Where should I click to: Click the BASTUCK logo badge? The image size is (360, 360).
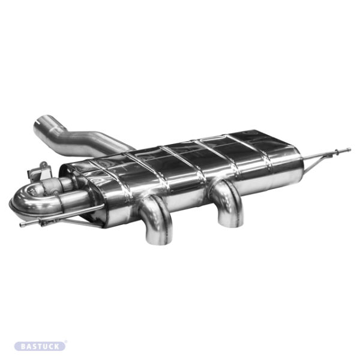coord(40,346)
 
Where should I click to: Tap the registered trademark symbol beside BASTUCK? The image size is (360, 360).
coord(66,342)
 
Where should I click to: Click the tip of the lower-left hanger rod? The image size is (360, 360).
coord(22,224)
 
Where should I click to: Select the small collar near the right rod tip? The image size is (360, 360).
coord(341,150)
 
